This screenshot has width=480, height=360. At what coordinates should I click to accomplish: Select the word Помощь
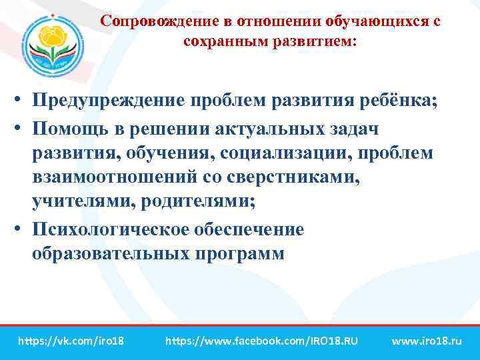click(x=71, y=127)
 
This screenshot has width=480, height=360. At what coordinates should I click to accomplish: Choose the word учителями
click(x=77, y=203)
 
